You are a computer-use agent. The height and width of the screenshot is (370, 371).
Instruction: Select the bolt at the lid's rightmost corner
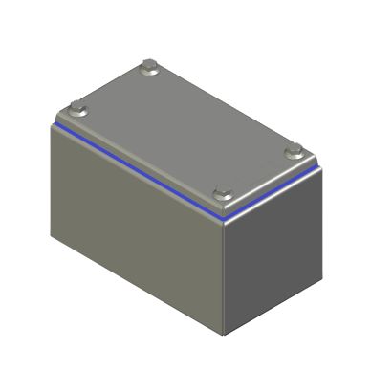click(x=295, y=149)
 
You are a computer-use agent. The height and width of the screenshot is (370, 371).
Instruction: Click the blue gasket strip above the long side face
click(x=134, y=168)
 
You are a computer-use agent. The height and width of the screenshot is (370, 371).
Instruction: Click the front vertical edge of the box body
click(x=226, y=277)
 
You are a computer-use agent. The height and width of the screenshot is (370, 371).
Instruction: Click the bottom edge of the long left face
click(x=139, y=286)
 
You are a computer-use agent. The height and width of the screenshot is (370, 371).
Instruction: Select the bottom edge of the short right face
click(x=269, y=311)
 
